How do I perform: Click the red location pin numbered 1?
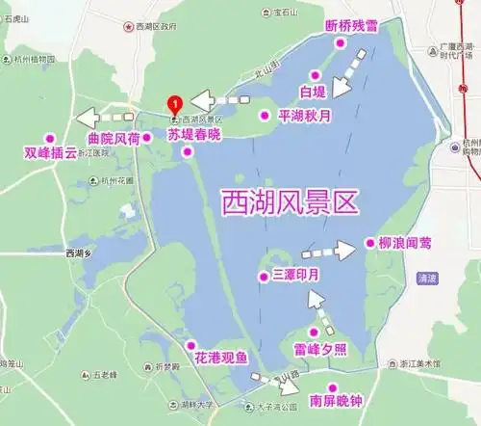pos(174,103)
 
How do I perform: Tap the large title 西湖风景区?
pos(290,202)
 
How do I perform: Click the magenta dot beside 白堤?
pos(313,74)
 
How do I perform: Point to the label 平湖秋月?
pos(304,115)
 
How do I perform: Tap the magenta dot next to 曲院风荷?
pos(147,138)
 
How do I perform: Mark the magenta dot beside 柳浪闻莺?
pos(369,242)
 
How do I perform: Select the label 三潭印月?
pos(295,276)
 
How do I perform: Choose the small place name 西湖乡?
pos(84,253)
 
